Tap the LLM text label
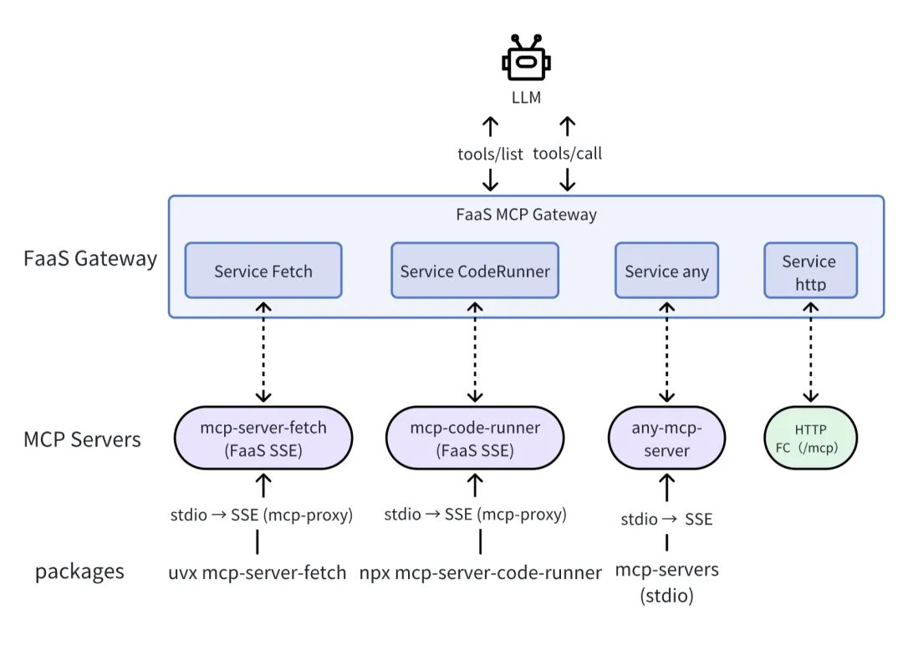pos(526,98)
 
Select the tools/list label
pos(490,154)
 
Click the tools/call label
pos(567,154)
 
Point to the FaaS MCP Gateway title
pos(526,215)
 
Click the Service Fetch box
pos(263,271)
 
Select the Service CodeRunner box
pos(475,271)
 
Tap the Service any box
pos(666,271)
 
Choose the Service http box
pos(809,272)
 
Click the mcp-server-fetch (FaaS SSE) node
pos(263,439)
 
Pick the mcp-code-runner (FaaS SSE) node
pos(475,439)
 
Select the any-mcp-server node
pos(666,439)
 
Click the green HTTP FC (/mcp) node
pos(810,439)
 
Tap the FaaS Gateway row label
pos(90,258)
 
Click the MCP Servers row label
pos(82,439)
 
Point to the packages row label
pos(79,571)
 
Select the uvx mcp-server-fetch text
pos(257,572)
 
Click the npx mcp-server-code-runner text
pos(481,573)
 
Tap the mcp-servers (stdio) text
pos(666,582)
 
